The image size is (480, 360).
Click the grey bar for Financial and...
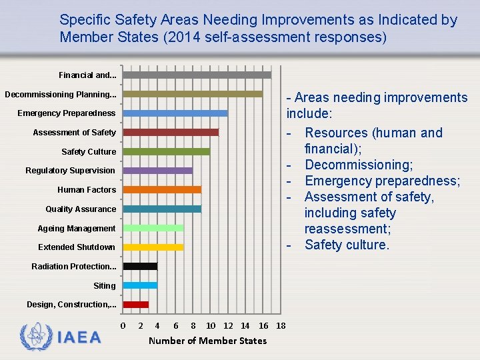click(197, 75)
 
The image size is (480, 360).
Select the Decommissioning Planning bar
click(193, 94)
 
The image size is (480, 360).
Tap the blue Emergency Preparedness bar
click(175, 113)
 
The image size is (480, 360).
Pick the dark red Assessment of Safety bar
click(171, 132)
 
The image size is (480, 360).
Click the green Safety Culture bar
click(166, 151)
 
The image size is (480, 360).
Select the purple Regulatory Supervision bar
click(158, 171)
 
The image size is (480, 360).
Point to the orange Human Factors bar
click(162, 189)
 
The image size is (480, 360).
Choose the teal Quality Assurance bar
click(162, 209)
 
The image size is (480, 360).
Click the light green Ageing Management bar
click(153, 228)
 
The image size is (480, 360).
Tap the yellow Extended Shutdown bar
click(153, 247)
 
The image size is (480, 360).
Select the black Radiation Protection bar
click(140, 266)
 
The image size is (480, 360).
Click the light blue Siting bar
click(140, 285)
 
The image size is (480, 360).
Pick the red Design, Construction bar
click(136, 305)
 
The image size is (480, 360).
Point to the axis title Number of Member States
click(207, 341)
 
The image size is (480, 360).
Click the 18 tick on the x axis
click(281, 325)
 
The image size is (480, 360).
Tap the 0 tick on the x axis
click(123, 325)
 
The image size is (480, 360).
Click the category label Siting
click(104, 285)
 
